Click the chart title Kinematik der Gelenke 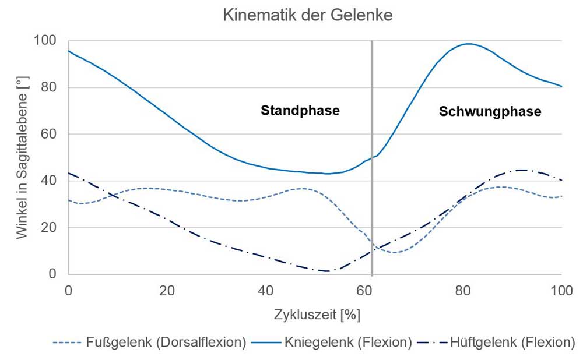308,16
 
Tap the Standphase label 300,111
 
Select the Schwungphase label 490,111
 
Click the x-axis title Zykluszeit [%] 317,315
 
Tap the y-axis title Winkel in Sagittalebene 22,157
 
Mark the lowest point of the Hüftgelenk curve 326,271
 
